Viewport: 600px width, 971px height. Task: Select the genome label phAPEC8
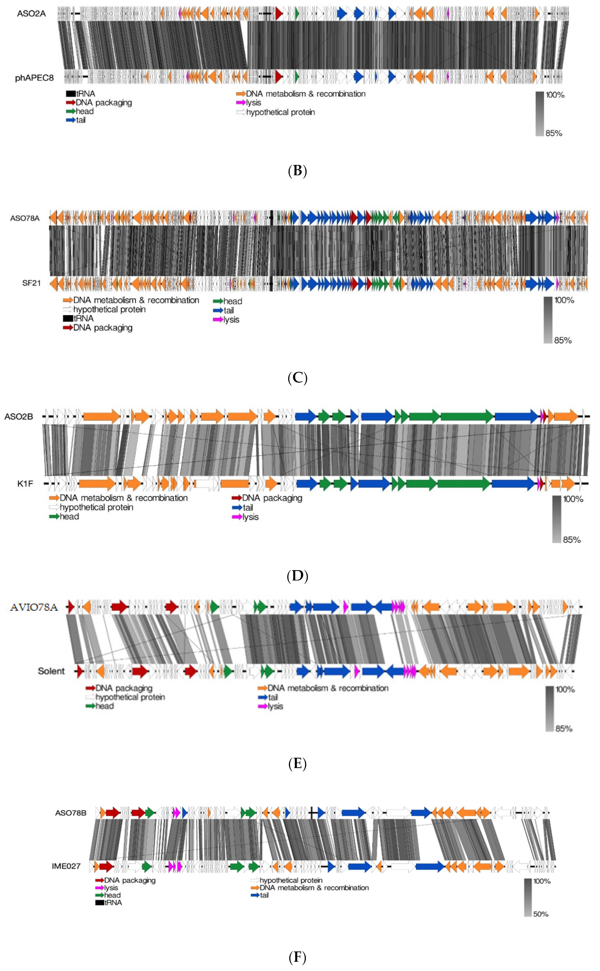[34, 78]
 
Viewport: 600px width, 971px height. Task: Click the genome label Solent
[51, 671]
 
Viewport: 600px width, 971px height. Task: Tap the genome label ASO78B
[71, 813]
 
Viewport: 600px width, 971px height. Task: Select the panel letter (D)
[297, 575]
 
